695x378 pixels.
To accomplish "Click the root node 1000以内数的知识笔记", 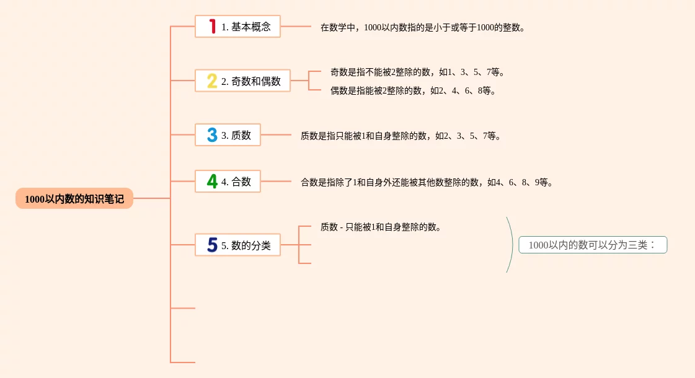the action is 74,199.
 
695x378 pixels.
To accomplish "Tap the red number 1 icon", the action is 212,27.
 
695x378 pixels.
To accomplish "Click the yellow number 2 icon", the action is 212,81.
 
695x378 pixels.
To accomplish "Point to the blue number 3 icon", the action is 212,135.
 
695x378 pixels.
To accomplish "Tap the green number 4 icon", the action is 212,182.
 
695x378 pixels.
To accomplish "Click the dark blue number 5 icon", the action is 212,245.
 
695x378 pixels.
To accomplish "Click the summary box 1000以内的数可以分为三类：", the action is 593,245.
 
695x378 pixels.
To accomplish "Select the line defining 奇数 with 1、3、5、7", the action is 417,72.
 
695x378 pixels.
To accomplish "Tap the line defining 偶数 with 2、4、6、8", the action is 413,90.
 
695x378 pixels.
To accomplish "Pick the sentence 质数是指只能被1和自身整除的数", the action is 401,136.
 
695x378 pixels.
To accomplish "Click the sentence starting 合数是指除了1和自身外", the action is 427,182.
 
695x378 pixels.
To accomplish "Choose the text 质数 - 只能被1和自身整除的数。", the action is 381,227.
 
